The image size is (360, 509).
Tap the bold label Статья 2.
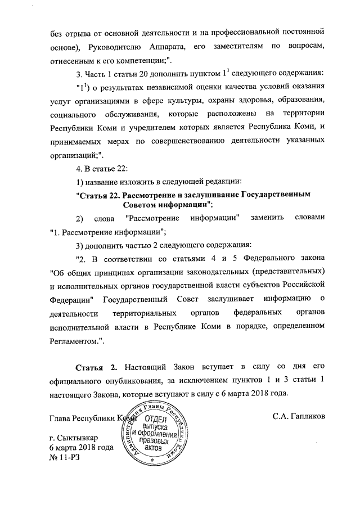tap(97, 368)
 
